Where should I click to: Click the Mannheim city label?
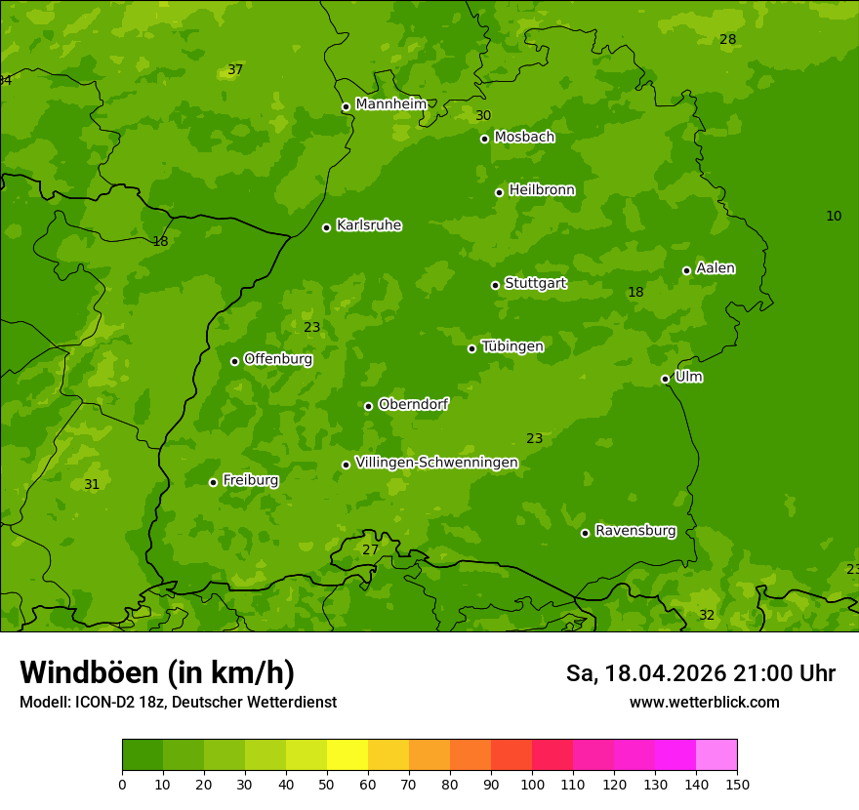pyautogui.click(x=390, y=104)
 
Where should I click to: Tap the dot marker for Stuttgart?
pyautogui.click(x=495, y=285)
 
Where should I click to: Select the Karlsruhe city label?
pyautogui.click(x=368, y=225)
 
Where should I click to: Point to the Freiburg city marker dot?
pyautogui.click(x=213, y=482)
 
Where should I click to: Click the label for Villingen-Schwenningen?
pyautogui.click(x=436, y=463)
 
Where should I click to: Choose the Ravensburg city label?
pyautogui.click(x=634, y=531)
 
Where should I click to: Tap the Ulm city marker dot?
pyautogui.click(x=665, y=379)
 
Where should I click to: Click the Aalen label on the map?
pyautogui.click(x=715, y=268)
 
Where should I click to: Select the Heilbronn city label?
pyautogui.click(x=542, y=190)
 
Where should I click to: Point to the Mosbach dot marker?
pyautogui.click(x=484, y=139)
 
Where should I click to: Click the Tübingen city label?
pyautogui.click(x=511, y=346)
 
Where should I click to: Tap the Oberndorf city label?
pyautogui.click(x=413, y=404)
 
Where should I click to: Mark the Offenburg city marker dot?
pyautogui.click(x=234, y=361)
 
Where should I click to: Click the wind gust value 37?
pyautogui.click(x=235, y=69)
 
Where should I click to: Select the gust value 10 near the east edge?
pyautogui.click(x=834, y=216)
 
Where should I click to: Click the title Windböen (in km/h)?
pyautogui.click(x=157, y=672)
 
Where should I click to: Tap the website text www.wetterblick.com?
pyautogui.click(x=704, y=702)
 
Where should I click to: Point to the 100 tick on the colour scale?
pyautogui.click(x=532, y=783)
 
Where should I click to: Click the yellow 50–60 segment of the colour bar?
pyautogui.click(x=348, y=754)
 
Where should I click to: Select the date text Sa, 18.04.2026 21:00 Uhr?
pyautogui.click(x=700, y=673)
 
